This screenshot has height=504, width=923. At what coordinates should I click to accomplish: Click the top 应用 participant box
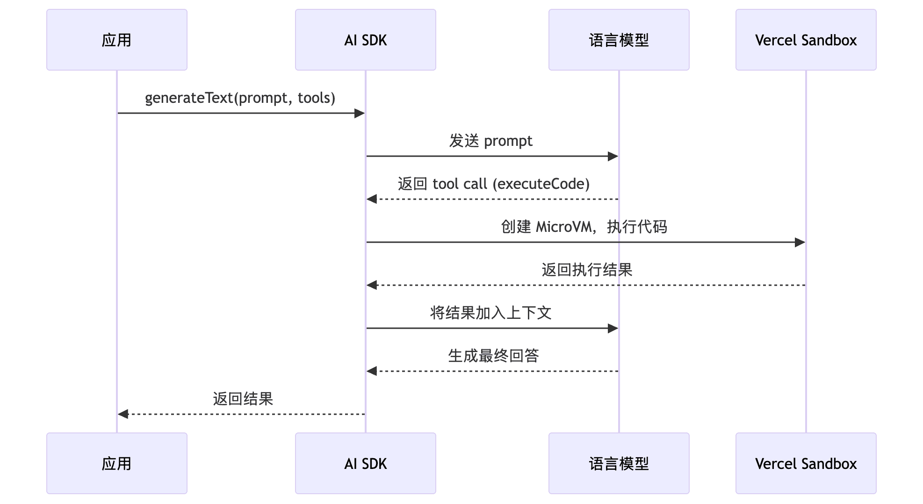click(x=117, y=40)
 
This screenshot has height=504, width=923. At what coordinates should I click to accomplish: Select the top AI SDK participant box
click(x=365, y=40)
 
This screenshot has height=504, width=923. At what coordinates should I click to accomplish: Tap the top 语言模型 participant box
click(x=619, y=40)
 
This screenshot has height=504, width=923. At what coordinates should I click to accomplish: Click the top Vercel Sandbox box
click(x=806, y=40)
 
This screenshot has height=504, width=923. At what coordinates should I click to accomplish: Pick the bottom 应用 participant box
click(x=117, y=463)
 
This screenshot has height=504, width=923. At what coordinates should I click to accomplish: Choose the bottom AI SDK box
click(x=365, y=463)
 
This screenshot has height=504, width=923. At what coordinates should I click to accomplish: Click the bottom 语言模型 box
click(x=619, y=463)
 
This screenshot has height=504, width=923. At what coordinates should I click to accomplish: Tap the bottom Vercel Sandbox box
click(x=806, y=463)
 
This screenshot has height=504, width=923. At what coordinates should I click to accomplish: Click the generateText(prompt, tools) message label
click(x=240, y=98)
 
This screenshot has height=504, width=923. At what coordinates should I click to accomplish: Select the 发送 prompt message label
click(x=490, y=141)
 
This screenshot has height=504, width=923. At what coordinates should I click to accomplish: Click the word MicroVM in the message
click(x=564, y=227)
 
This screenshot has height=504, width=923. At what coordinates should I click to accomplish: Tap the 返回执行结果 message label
click(x=587, y=270)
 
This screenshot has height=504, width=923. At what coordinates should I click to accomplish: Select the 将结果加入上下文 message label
click(x=490, y=313)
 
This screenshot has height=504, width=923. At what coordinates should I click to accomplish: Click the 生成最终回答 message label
click(x=493, y=356)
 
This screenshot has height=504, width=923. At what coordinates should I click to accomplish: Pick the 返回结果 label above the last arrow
click(x=243, y=399)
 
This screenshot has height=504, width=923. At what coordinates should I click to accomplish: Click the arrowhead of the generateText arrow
click(x=360, y=113)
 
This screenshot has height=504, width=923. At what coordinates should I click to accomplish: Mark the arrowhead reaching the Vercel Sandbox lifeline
click(x=800, y=242)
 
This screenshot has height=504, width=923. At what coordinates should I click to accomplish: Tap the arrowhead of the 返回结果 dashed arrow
click(x=123, y=414)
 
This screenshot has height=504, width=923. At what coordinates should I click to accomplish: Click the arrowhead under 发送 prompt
click(x=613, y=156)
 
